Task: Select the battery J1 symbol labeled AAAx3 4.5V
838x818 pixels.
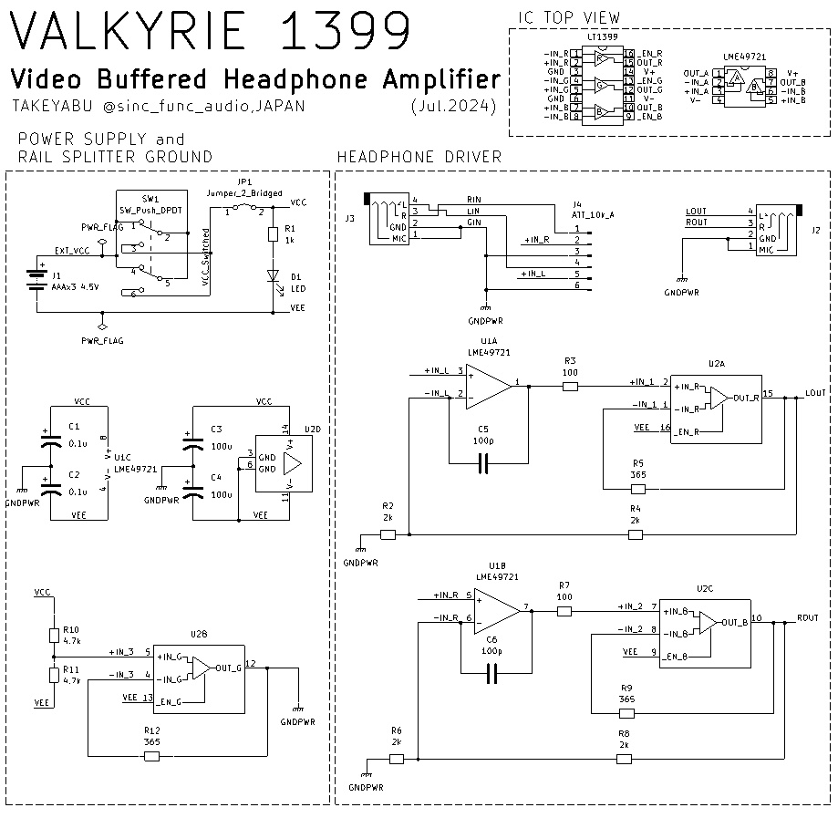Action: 36,276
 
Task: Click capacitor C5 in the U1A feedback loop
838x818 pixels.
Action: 483,465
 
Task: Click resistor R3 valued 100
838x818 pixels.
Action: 570,387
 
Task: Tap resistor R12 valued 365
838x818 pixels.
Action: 152,756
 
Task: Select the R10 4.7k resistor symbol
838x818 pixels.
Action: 54,636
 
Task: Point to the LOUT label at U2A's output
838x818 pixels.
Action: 815,393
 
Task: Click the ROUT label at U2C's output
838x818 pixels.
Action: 807,617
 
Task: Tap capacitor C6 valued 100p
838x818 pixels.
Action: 492,674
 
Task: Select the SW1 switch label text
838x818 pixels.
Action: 150,198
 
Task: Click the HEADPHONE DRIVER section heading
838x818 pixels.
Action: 419,157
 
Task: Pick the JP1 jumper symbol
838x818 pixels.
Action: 243,208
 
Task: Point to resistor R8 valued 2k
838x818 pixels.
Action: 624,759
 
